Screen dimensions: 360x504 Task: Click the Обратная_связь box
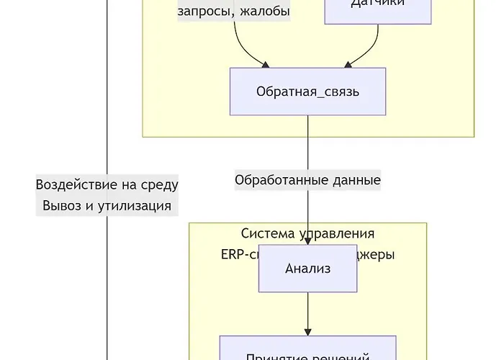click(307, 91)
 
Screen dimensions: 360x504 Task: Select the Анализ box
click(307, 269)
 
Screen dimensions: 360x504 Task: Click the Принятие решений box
click(307, 351)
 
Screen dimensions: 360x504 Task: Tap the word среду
click(159, 184)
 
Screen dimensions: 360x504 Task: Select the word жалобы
click(266, 12)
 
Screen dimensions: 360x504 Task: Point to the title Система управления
click(307, 233)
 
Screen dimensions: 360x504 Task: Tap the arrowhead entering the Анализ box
click(308, 240)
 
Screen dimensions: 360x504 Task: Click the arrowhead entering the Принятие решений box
click(308, 331)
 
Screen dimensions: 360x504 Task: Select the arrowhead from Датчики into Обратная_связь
click(349, 64)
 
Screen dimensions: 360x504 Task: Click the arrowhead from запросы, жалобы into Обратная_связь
click(266, 64)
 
